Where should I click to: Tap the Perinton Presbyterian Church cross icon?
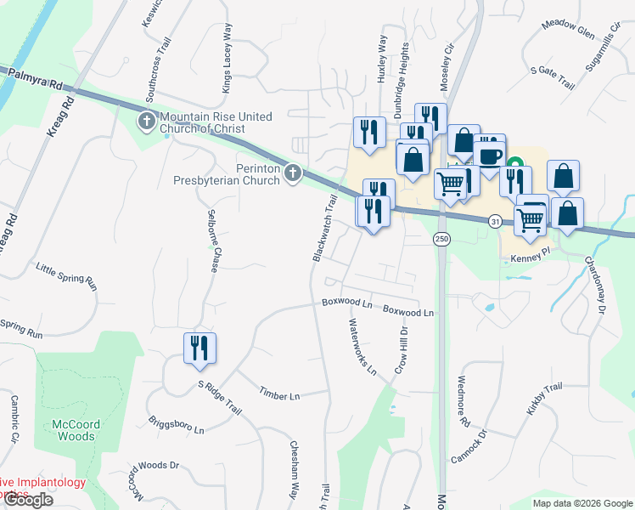[x=293, y=173]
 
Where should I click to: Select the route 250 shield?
[x=441, y=240]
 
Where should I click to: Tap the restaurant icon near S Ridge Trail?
[x=199, y=348]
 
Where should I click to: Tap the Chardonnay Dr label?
[x=593, y=286]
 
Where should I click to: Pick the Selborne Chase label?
[x=212, y=238]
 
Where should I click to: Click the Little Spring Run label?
[x=66, y=277]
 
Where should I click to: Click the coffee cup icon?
[x=490, y=155]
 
